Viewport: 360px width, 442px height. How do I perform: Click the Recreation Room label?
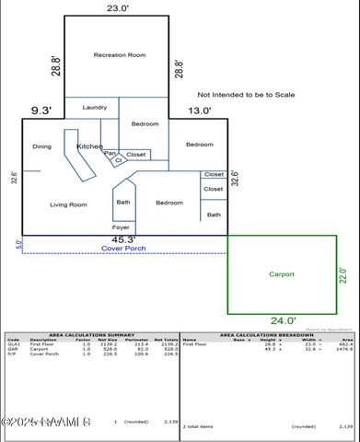tap(120, 55)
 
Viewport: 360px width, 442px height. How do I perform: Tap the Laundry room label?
tap(95, 108)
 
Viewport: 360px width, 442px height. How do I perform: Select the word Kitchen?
tap(89, 146)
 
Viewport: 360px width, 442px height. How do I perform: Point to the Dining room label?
tap(41, 146)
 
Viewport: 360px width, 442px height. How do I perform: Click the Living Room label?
tap(68, 204)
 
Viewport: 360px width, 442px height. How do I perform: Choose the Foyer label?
tap(121, 227)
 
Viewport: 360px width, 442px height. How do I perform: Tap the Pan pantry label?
tap(110, 153)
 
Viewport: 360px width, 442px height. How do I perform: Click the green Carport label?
tap(282, 273)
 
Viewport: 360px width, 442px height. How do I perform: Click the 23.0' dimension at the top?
tap(117, 7)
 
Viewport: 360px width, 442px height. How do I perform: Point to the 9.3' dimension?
tap(42, 111)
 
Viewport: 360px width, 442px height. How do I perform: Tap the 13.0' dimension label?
tap(200, 111)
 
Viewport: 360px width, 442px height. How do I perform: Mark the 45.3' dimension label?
tap(124, 240)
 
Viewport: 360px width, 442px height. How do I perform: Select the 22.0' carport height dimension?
tap(344, 275)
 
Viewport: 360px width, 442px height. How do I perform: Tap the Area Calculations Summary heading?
tap(90, 334)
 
